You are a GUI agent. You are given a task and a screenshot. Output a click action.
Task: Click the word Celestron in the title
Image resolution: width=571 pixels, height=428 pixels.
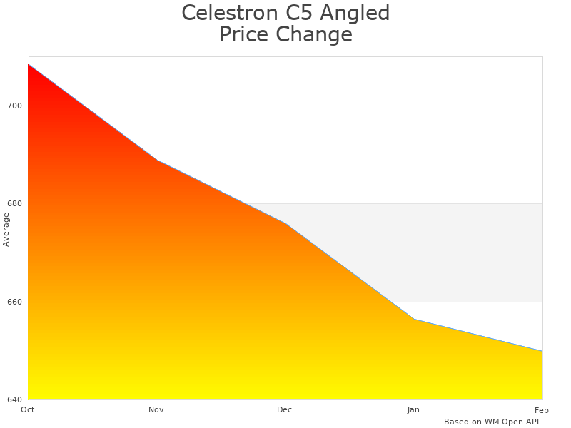[x=226, y=13]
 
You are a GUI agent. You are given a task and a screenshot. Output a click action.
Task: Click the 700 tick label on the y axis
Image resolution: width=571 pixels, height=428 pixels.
[x=15, y=106]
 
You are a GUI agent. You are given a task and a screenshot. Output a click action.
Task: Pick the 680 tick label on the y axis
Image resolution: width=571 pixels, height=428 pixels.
[x=15, y=203]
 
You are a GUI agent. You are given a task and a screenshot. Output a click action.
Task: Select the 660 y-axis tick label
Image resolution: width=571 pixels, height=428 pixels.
[x=15, y=302]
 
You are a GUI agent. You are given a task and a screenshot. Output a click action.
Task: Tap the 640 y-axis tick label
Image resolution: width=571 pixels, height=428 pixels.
[x=15, y=399]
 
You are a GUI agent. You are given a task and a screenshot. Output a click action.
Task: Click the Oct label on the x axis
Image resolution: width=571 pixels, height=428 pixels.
[x=28, y=409]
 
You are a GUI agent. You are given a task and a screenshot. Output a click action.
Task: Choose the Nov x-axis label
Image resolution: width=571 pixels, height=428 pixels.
[x=156, y=409]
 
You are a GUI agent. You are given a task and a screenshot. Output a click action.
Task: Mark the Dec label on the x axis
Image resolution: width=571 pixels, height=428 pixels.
[x=285, y=409]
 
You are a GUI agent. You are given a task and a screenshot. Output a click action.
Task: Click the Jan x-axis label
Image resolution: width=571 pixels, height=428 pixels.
[x=413, y=409]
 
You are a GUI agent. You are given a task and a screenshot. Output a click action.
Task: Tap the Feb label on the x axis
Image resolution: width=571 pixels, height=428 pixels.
[x=541, y=409]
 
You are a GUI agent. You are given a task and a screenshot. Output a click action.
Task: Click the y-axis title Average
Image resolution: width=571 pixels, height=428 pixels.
[x=6, y=229]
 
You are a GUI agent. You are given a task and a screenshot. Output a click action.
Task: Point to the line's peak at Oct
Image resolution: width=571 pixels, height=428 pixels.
[x=29, y=64]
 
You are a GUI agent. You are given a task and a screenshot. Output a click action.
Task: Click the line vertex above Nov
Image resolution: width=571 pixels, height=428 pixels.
[x=157, y=160]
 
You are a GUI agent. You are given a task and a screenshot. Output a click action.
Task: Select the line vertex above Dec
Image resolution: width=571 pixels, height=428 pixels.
[x=285, y=223]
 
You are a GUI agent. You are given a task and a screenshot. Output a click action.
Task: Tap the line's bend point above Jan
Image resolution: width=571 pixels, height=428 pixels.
[x=414, y=319]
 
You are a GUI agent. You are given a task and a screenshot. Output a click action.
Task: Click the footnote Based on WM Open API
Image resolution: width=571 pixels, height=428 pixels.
[x=491, y=422]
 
